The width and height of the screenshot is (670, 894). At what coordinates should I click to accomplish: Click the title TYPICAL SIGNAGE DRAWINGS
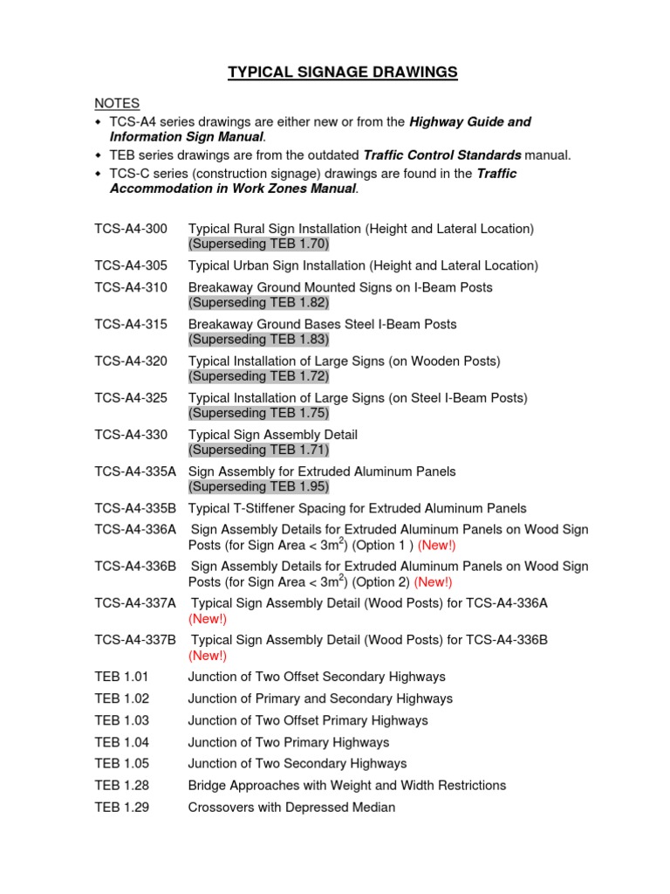343,72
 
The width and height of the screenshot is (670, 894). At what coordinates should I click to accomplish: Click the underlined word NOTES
117,104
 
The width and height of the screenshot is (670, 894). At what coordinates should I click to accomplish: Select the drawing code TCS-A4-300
131,229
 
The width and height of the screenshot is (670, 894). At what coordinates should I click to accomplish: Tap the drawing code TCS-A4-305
131,265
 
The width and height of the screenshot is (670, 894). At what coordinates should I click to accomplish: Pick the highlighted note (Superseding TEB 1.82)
258,303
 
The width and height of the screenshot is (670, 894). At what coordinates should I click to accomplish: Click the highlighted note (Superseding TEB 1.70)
258,244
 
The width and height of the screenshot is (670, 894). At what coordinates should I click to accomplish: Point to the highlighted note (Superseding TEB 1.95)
258,486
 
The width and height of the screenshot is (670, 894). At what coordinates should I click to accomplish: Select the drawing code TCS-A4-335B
135,508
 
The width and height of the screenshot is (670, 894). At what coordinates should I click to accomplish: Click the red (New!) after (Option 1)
436,546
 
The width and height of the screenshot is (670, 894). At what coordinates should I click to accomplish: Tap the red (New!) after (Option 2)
433,582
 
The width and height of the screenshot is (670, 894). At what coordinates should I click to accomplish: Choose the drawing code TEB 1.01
122,677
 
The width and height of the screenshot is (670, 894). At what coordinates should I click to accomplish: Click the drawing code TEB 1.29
122,808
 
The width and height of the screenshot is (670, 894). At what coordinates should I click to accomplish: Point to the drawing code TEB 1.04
122,742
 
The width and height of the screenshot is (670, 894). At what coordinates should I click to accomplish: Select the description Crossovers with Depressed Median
291,808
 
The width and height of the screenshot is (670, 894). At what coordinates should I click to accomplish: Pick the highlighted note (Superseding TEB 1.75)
258,413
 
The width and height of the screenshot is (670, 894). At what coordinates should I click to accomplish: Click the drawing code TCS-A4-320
131,361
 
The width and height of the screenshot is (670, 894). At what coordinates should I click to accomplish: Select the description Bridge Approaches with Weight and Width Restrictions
346,786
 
